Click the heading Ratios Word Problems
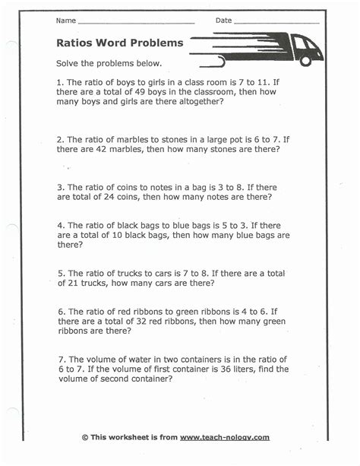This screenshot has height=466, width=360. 120,43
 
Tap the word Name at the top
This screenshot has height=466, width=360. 65,21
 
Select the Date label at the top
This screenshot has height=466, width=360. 223,21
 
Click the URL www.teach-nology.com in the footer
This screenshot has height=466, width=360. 225,437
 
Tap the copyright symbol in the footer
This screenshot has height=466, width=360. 85,437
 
